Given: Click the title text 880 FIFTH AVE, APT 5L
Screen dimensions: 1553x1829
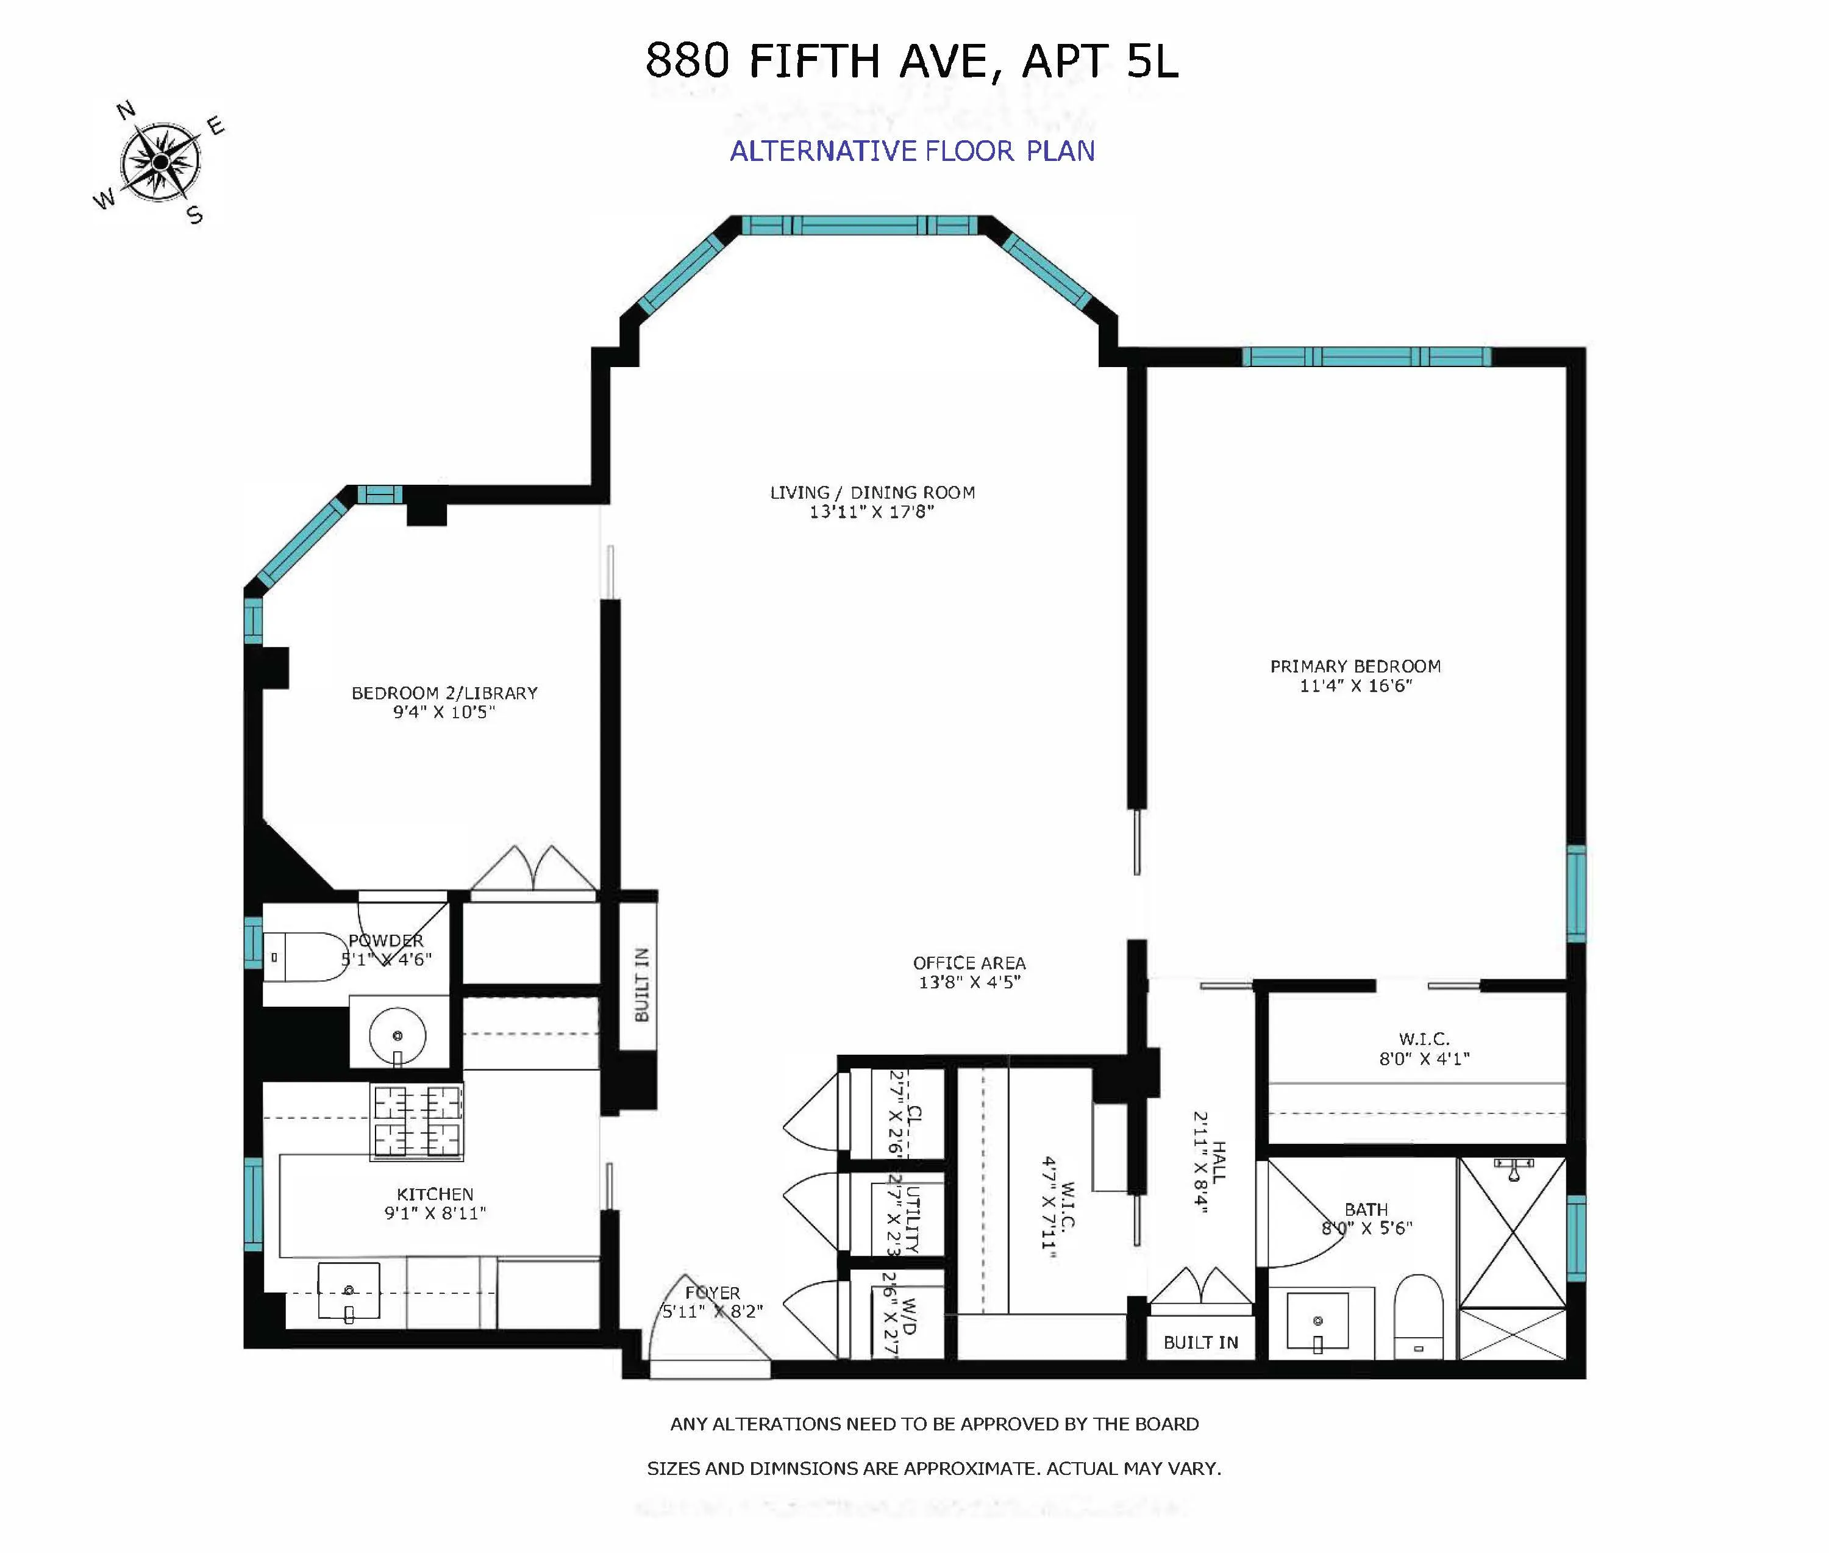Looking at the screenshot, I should click(911, 62).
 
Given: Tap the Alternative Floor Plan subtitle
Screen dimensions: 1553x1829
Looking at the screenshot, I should click(912, 151).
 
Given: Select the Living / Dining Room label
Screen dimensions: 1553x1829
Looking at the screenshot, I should click(872, 493).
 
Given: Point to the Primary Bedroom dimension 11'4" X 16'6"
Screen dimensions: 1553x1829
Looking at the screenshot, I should click(1355, 686).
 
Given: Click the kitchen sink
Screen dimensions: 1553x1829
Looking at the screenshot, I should click(349, 1291).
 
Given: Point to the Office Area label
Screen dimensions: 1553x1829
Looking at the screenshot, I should click(969, 963).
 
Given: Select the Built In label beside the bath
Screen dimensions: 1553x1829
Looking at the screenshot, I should click(1200, 1343).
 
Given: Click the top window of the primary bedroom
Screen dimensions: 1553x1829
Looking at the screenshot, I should click(1366, 357).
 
